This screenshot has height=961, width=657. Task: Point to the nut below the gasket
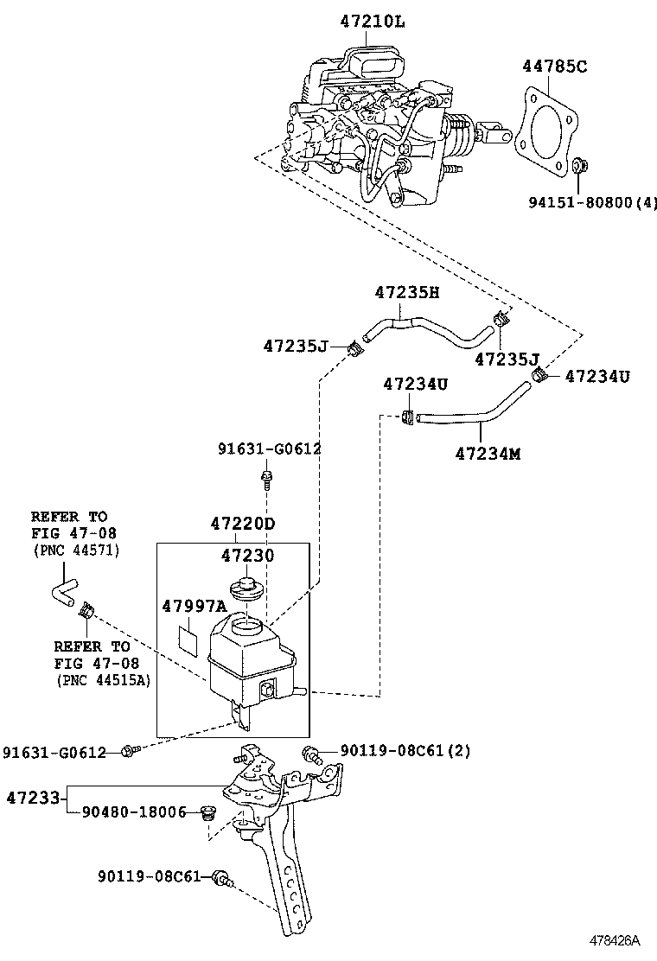pyautogui.click(x=580, y=164)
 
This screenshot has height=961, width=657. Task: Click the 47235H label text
pyautogui.click(x=406, y=293)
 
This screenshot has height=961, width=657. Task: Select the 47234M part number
pyautogui.click(x=488, y=453)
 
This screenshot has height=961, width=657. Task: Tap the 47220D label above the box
pyautogui.click(x=243, y=524)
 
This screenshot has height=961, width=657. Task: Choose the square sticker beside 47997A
pyautogui.click(x=188, y=637)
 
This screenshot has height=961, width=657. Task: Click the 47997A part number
pyautogui.click(x=194, y=607)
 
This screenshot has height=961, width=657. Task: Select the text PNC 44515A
pyautogui.click(x=103, y=680)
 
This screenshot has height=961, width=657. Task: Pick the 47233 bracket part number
pyautogui.click(x=32, y=796)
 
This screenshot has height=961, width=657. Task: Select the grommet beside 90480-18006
pyautogui.click(x=207, y=812)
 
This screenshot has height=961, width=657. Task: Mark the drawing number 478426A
pyautogui.click(x=615, y=940)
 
